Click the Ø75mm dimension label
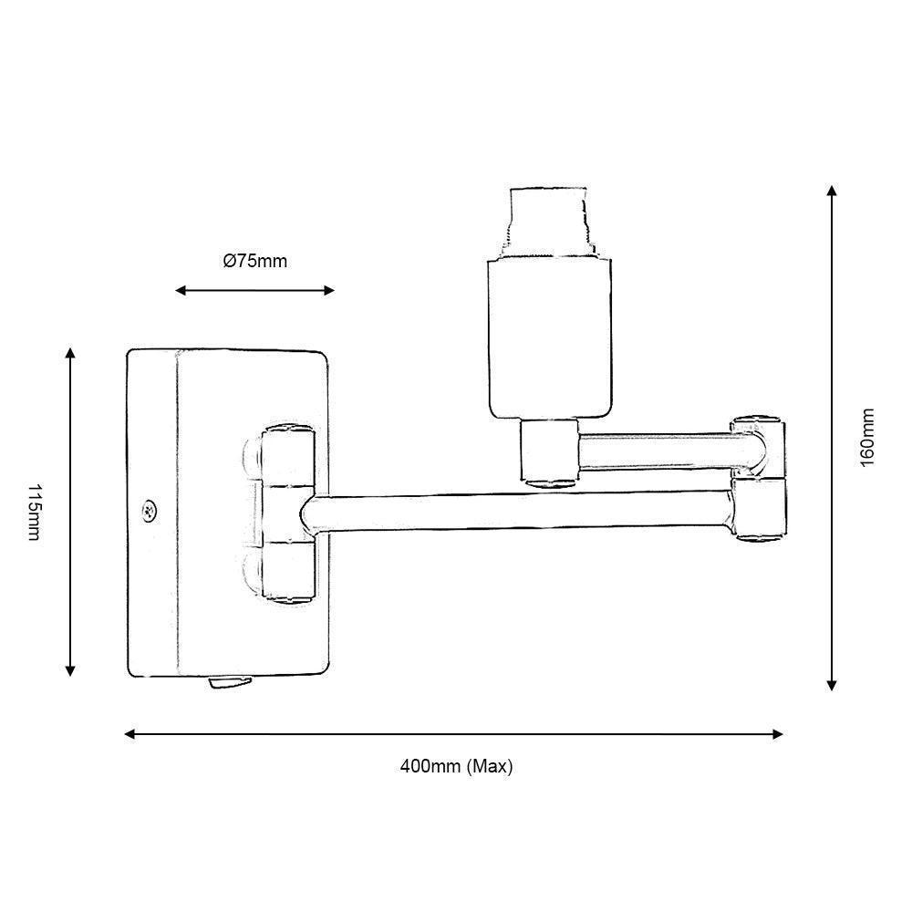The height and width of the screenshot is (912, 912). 255,262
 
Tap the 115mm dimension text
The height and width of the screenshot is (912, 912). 34,512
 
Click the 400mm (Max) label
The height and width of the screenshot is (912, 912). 456,767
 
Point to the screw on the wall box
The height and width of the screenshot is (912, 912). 148,511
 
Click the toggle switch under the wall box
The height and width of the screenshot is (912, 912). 232,681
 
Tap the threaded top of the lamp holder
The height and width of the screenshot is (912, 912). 547,221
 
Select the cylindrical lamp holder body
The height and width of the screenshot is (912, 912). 547,337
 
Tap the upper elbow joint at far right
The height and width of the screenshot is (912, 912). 760,444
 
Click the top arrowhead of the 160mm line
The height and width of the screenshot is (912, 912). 831,191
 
